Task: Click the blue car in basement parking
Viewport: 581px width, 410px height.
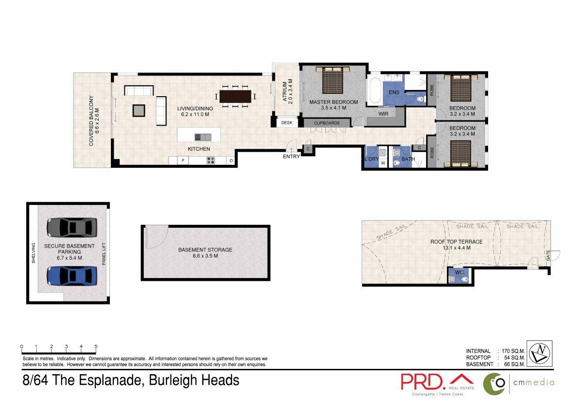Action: coord(72,276)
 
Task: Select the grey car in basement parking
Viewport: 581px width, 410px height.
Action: coord(72,226)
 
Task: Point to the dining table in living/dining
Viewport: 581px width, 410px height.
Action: coord(236,96)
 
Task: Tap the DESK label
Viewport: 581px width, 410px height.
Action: coord(287,123)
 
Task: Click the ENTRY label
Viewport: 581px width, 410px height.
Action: coord(291,156)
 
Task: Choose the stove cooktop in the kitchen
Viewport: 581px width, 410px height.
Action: coord(211,161)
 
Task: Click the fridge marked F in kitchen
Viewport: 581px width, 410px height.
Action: coord(183,161)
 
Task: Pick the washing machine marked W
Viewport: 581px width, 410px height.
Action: coord(383,163)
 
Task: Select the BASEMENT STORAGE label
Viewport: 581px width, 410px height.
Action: coord(205,250)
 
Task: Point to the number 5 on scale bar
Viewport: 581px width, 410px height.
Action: coord(96,347)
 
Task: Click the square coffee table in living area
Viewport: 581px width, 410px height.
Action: coord(139,110)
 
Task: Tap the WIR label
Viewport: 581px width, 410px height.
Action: coord(384,114)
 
